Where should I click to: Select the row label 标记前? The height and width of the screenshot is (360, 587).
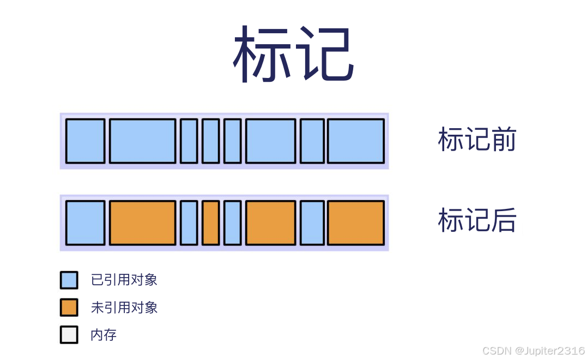477,140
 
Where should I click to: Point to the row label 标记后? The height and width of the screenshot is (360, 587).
477,221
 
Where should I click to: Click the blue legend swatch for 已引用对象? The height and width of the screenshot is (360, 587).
69,280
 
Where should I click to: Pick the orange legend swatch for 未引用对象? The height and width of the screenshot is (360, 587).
69,307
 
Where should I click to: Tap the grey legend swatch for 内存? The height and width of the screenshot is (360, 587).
69,334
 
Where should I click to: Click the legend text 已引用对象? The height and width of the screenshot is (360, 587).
124,280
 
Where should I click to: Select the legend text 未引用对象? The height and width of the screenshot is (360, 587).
124,308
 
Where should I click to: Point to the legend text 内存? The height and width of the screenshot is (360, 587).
104,334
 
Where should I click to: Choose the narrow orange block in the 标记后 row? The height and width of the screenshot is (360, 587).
210,223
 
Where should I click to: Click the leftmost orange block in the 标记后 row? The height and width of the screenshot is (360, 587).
143,223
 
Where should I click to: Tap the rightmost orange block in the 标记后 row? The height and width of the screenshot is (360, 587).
355,223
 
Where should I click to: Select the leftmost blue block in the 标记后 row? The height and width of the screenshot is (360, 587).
86,223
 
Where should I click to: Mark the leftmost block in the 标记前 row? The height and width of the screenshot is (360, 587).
86,141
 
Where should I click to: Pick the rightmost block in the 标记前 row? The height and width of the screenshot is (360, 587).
355,141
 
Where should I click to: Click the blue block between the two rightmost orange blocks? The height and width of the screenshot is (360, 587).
312,223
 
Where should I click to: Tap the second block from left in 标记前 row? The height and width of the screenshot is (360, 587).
143,141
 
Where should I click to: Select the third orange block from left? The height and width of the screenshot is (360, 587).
271,223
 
